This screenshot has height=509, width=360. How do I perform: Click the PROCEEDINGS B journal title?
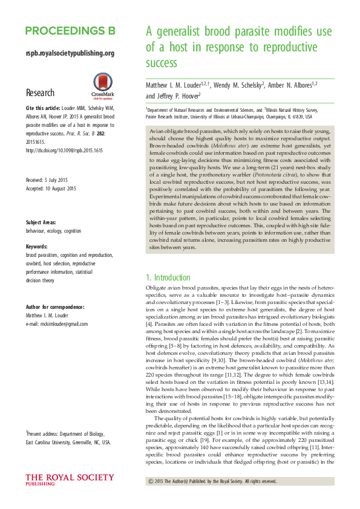point(70,31)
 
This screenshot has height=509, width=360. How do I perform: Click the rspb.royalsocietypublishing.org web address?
point(70,53)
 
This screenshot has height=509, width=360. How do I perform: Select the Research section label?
point(40,92)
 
